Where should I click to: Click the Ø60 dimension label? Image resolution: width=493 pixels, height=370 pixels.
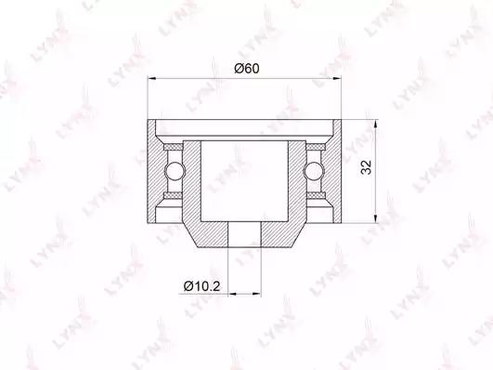point(247,69)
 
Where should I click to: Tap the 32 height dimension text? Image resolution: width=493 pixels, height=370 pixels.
point(367,167)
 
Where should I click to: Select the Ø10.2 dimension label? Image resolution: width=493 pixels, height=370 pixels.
point(202,286)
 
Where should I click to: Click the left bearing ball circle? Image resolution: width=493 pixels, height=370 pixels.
point(175,171)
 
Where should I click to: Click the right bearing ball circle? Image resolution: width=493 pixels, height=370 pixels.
point(314,171)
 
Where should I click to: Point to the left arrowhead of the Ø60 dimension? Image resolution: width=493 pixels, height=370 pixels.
point(152,78)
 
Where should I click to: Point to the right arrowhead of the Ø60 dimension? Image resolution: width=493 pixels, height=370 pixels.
point(337,78)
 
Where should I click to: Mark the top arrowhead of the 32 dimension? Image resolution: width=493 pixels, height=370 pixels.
point(375,125)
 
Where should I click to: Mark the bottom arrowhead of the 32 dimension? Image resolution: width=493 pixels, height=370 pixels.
point(375,218)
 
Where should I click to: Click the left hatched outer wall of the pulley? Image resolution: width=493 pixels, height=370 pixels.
point(151,172)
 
